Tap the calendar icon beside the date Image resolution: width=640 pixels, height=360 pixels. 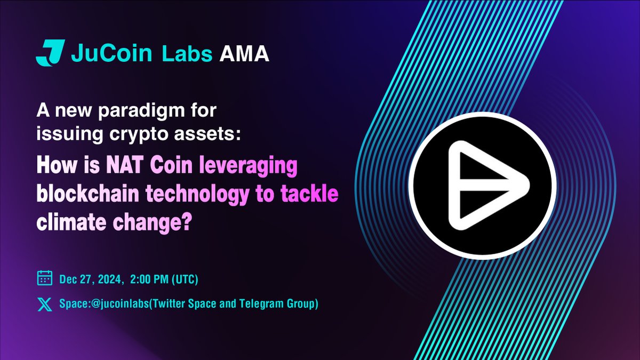(x=44, y=279)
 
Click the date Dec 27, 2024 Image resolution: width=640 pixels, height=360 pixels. (x=94, y=279)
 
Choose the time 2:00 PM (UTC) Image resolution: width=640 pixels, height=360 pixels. (x=165, y=279)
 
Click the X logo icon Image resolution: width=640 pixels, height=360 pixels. (x=44, y=305)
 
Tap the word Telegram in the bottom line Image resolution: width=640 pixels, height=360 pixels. (x=257, y=305)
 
